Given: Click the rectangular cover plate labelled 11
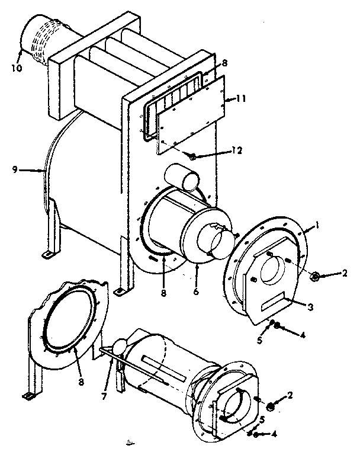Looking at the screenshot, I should (x=189, y=113).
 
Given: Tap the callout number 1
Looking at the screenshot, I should (x=317, y=225).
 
